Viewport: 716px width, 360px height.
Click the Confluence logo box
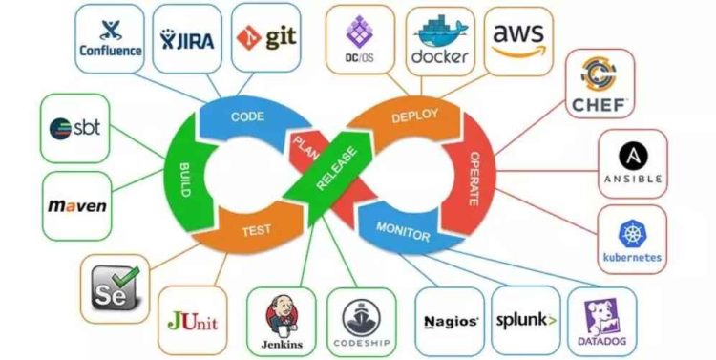click(x=110, y=39)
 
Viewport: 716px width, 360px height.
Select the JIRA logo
click(x=187, y=39)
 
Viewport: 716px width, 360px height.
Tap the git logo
click(x=263, y=39)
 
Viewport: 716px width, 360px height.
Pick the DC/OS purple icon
click(x=360, y=39)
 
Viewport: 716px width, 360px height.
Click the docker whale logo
click(x=440, y=41)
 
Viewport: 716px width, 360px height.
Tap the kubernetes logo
click(x=632, y=239)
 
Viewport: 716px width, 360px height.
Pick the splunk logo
click(x=525, y=320)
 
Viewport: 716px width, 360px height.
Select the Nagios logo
click(x=450, y=321)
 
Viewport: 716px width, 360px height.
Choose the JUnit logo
click(x=193, y=319)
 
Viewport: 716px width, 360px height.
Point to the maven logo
click(x=76, y=206)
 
